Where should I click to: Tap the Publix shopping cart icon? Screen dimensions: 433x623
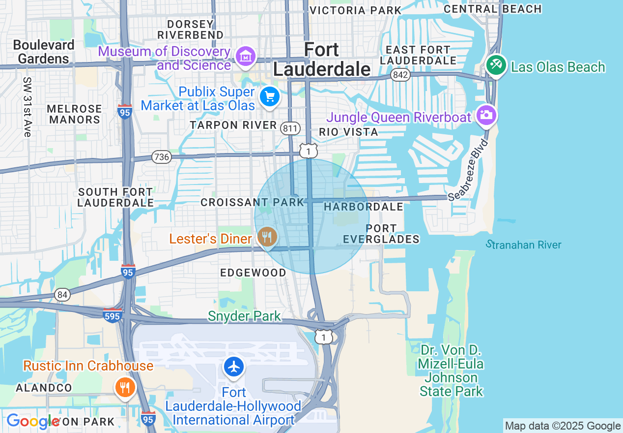(269, 96)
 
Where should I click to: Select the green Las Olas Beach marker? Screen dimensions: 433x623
(496, 65)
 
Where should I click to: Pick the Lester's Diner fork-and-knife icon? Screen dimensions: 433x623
(267, 238)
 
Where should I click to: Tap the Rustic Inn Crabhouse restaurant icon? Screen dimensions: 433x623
(125, 387)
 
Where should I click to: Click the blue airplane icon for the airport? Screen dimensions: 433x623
(234, 367)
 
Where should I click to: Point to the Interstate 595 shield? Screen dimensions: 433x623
(113, 315)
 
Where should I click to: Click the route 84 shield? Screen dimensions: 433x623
(62, 295)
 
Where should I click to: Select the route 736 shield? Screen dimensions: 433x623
(161, 157)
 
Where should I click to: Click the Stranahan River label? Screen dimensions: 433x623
(523, 245)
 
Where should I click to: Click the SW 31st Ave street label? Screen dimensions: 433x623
(27, 107)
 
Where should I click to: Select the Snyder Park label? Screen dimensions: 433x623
(244, 316)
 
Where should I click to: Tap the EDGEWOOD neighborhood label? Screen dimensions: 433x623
(253, 273)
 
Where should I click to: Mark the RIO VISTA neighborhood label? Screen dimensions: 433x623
(348, 132)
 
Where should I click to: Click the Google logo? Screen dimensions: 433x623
(32, 421)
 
